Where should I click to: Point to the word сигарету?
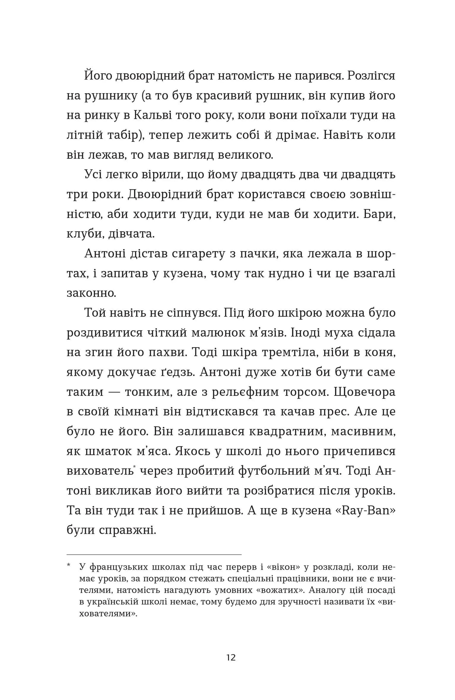(x=191, y=253)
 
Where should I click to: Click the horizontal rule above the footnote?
(x=154, y=555)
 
